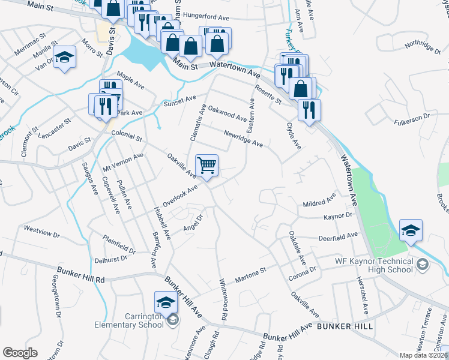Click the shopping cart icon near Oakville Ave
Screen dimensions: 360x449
206,165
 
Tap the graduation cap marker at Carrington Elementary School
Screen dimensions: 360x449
166,301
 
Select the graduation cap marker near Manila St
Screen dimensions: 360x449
64,58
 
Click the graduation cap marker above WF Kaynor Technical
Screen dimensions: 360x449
411,230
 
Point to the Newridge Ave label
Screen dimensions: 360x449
243,139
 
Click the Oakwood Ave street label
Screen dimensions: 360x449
228,114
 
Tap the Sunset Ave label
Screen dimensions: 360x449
180,101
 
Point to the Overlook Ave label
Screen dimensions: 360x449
180,196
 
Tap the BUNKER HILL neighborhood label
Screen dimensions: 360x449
345,326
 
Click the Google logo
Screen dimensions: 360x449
20,353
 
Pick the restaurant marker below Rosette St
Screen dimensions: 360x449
309,110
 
